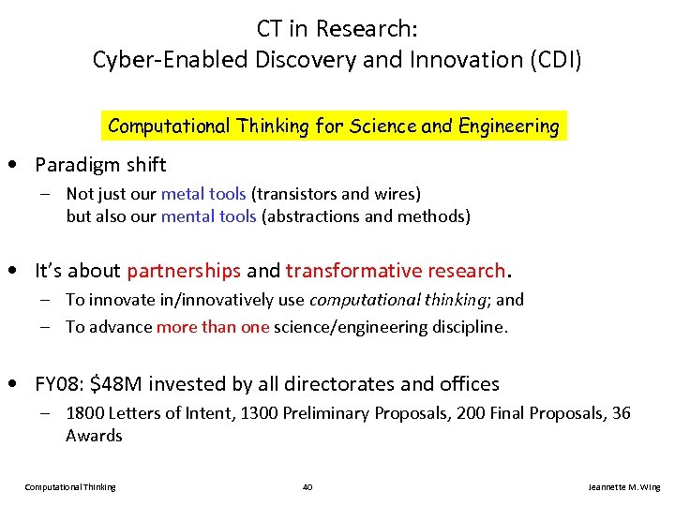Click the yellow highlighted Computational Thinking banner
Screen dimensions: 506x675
(x=334, y=126)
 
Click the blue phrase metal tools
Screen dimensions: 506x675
(x=203, y=194)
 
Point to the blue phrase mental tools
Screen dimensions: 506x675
(x=209, y=216)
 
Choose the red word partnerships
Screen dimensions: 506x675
(x=184, y=271)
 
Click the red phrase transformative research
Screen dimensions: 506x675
(x=396, y=271)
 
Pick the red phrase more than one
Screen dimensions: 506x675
(x=213, y=327)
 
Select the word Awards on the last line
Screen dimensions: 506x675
(x=94, y=436)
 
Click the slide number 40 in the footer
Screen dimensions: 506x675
(x=307, y=487)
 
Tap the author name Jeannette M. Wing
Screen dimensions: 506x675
(x=623, y=487)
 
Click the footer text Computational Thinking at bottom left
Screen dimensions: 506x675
(x=70, y=487)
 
